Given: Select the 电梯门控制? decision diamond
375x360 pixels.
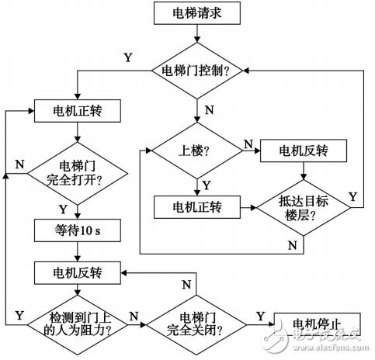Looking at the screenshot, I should [x=200, y=71].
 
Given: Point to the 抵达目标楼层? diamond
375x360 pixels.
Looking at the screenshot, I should [x=298, y=209].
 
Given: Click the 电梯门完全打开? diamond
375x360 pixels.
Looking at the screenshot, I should [x=75, y=174].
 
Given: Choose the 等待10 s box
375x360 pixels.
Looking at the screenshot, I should [x=75, y=230].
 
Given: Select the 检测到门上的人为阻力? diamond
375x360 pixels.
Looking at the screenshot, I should [x=75, y=317].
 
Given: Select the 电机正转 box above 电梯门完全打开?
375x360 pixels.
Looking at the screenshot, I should [x=75, y=110].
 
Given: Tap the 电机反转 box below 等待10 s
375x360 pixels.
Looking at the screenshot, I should [x=75, y=273].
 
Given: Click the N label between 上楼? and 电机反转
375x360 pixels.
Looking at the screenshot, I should [x=247, y=142].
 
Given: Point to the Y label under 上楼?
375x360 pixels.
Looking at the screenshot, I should [x=207, y=185].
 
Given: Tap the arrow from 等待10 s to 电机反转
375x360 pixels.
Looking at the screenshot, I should [x=75, y=251].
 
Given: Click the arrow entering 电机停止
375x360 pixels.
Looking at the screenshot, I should [x=262, y=317].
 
